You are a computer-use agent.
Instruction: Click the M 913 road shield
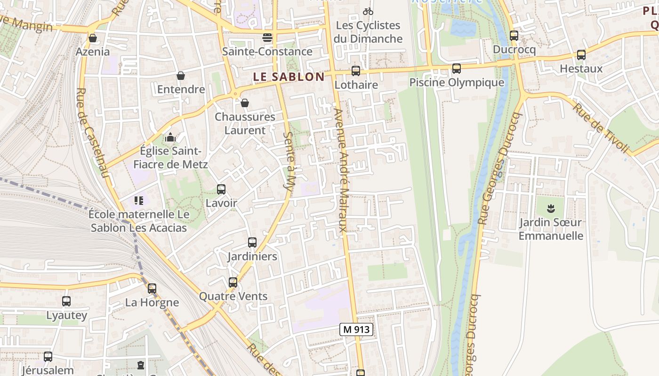click(x=356, y=330)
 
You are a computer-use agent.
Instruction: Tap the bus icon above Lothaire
click(x=356, y=71)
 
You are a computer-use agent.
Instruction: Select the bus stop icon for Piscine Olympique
click(x=456, y=69)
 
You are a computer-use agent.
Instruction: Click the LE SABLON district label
click(x=289, y=77)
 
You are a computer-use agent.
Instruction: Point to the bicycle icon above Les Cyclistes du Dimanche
click(x=368, y=11)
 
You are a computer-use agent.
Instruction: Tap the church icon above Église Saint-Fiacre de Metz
click(x=170, y=137)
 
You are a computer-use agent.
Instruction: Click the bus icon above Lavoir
click(x=221, y=189)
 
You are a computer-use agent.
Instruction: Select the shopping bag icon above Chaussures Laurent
click(x=245, y=102)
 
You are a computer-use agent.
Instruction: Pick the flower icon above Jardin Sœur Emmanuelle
click(x=550, y=208)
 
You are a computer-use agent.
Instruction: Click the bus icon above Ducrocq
click(x=514, y=36)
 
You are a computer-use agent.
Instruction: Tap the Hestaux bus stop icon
click(x=581, y=55)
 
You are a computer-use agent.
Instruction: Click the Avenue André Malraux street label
click(x=342, y=172)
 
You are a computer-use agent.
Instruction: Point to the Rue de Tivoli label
click(x=601, y=128)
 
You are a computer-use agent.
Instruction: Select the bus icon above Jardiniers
click(x=252, y=243)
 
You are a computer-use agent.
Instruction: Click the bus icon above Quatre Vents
click(x=233, y=282)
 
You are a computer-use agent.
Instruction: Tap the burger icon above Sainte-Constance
click(x=267, y=38)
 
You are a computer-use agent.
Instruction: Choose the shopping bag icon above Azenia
click(x=93, y=38)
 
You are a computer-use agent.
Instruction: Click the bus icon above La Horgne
click(x=152, y=289)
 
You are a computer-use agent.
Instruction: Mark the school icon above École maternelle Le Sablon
click(x=138, y=201)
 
